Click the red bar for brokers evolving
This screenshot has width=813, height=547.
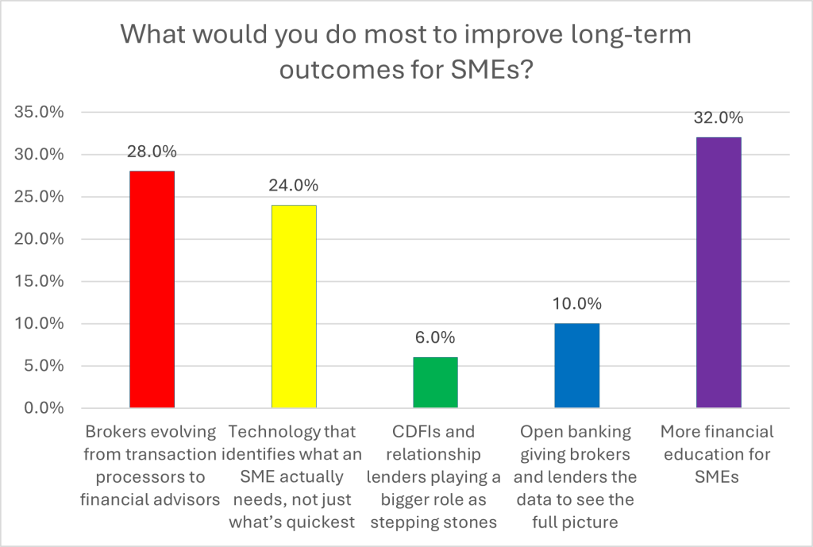click(x=152, y=290)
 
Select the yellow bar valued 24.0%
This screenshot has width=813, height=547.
click(x=294, y=306)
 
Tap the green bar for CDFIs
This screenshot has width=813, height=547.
click(x=435, y=383)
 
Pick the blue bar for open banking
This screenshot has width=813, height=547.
click(x=577, y=366)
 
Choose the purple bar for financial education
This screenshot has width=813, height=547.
click(x=719, y=272)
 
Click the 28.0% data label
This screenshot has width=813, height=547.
click(x=152, y=152)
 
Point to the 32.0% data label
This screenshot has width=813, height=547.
click(x=719, y=118)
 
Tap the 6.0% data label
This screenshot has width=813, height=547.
click(x=435, y=338)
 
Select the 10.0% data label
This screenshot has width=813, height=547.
click(x=577, y=304)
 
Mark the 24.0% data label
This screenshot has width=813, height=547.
click(x=294, y=186)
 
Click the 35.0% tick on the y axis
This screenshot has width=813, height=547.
click(x=39, y=113)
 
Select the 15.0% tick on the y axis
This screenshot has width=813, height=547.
click(x=39, y=282)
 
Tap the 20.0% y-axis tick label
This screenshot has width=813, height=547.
click(x=39, y=240)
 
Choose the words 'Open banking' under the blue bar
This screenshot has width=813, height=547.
click(x=576, y=433)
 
